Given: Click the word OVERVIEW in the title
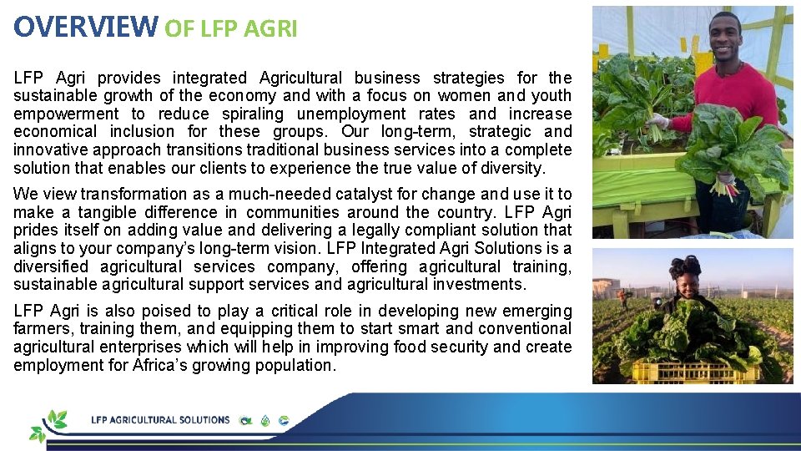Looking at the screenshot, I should click(85, 27).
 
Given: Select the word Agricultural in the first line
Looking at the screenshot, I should click(307, 78).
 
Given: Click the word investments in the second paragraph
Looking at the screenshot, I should click(479, 284).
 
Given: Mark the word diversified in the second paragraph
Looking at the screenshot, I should click(50, 266).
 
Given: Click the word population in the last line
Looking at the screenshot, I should click(294, 365).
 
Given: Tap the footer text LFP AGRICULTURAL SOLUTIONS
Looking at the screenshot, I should click(160, 420).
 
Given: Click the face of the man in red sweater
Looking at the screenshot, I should click(725, 36).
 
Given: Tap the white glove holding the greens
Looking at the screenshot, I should click(660, 122).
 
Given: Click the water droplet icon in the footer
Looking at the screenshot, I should click(265, 421).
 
